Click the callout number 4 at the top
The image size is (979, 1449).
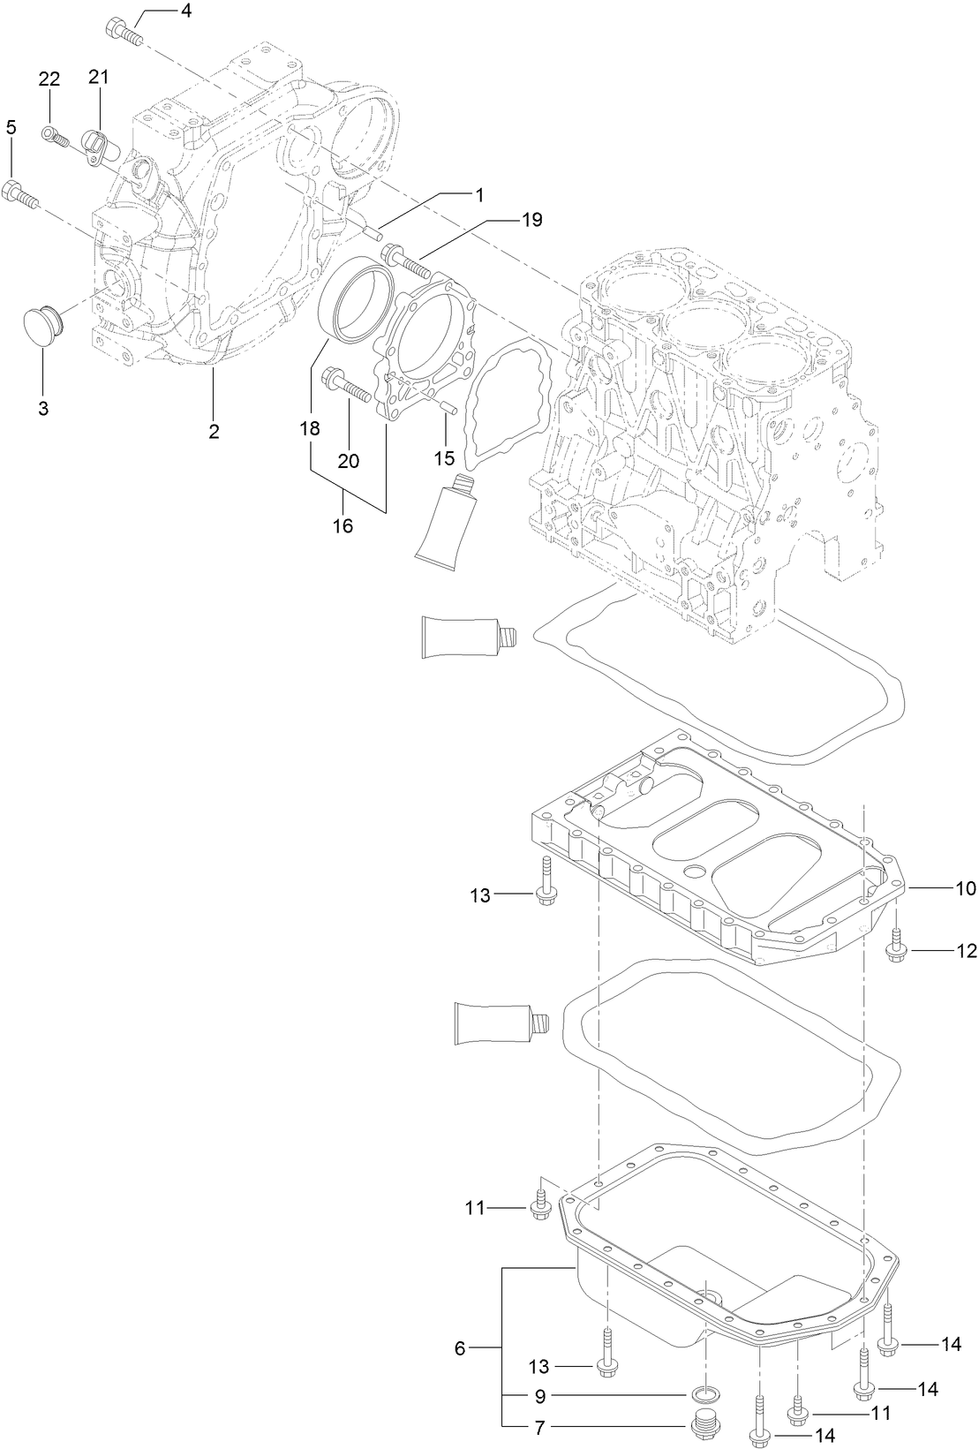186,11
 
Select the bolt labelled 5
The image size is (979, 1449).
20,193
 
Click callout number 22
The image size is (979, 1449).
49,79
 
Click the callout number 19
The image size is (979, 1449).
531,219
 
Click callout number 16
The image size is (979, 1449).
342,526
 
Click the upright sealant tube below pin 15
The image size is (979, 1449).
445,518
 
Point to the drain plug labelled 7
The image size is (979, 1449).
703,1422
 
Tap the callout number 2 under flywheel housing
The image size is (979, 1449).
214,432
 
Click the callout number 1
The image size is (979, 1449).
479,193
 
